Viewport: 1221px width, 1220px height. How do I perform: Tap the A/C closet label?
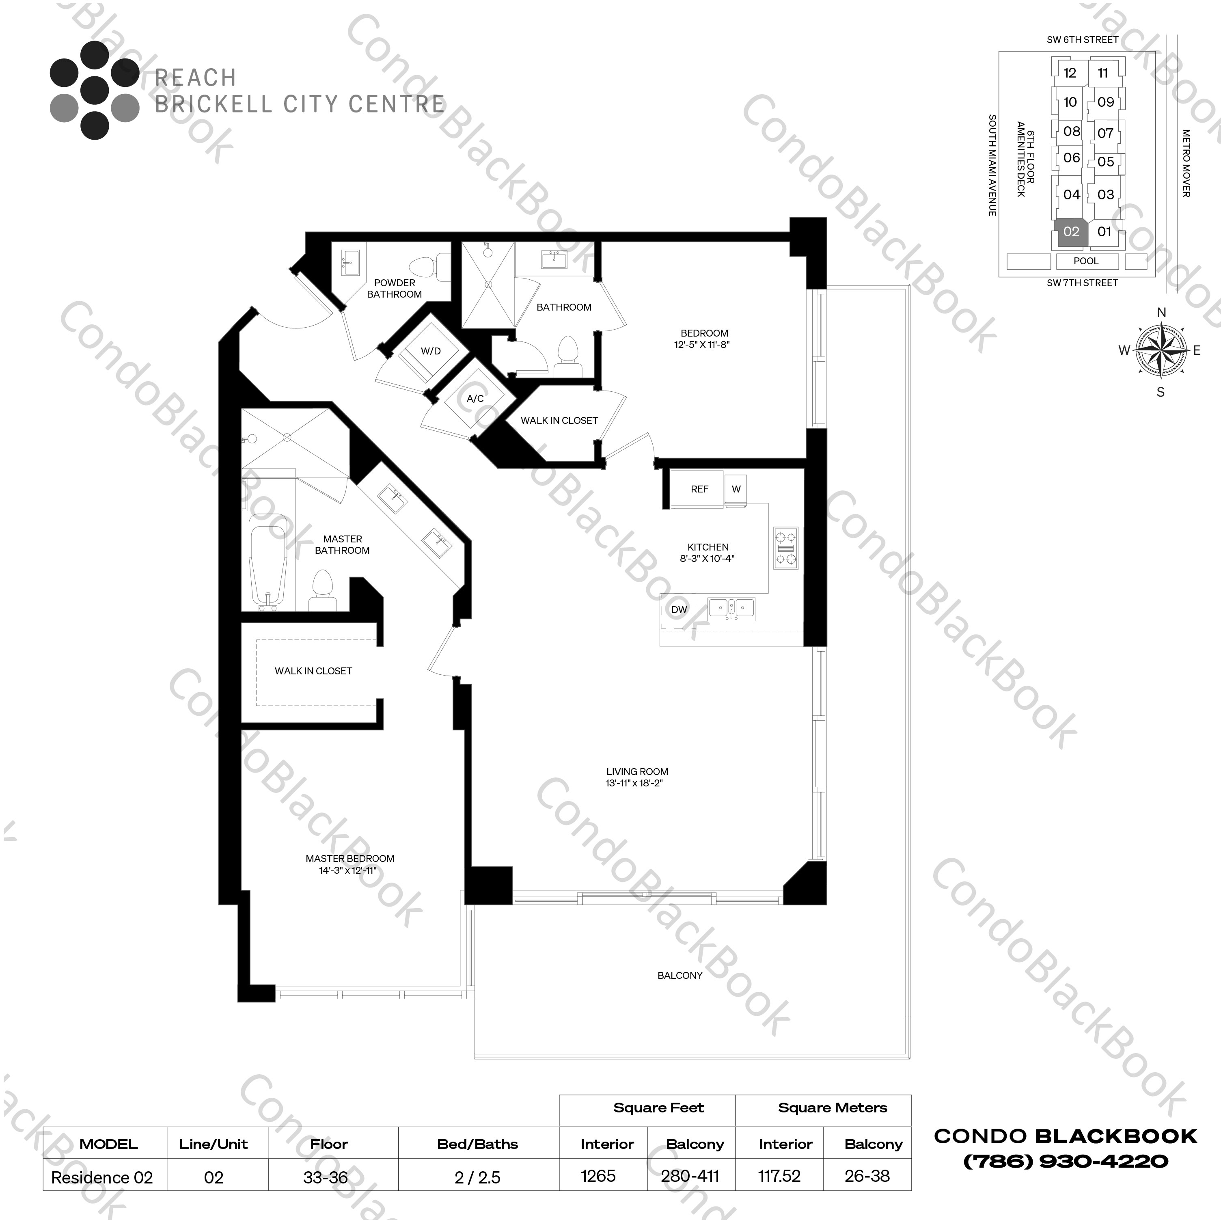pyautogui.click(x=475, y=398)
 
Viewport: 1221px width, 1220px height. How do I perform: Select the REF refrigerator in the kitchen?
pyautogui.click(x=699, y=489)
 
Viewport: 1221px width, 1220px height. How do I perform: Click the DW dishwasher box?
pyautogui.click(x=679, y=609)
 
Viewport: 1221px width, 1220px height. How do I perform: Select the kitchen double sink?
pyautogui.click(x=731, y=608)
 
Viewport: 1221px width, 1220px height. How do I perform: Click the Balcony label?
pyautogui.click(x=680, y=975)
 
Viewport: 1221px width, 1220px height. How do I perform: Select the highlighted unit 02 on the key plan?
pyautogui.click(x=1071, y=232)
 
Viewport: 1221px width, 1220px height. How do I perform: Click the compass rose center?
pyautogui.click(x=1161, y=350)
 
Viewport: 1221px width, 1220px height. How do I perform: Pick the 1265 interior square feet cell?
pyautogui.click(x=598, y=1176)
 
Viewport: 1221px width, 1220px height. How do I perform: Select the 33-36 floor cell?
pyautogui.click(x=326, y=1177)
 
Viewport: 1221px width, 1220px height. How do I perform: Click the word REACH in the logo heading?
pyautogui.click(x=196, y=78)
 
